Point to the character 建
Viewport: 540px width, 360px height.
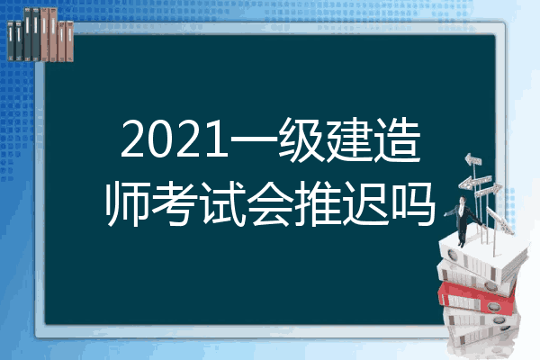(348, 139)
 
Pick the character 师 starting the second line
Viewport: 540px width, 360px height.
(127, 203)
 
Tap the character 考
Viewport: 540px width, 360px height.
(175, 203)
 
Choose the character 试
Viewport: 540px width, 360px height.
(222, 203)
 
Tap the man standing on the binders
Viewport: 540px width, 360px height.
(463, 221)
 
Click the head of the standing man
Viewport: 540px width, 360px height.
(463, 200)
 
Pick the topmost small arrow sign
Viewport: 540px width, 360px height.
(473, 160)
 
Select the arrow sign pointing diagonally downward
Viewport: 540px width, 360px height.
(500, 220)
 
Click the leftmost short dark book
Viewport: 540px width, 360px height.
(11, 40)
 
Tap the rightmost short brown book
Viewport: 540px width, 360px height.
(69, 41)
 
